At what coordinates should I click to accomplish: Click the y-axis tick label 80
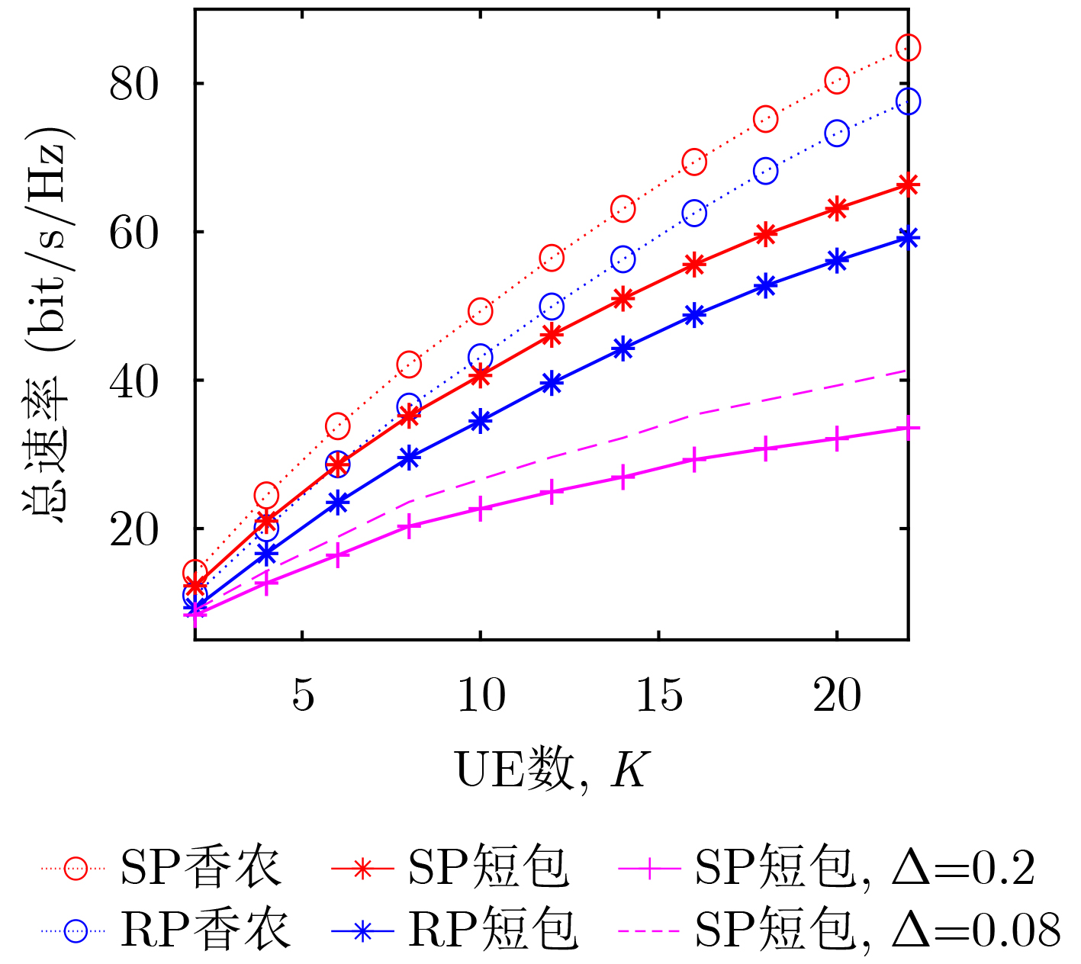pyautogui.click(x=134, y=84)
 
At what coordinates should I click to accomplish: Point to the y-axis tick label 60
pyautogui.click(x=134, y=233)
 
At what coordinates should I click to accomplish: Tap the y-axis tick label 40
pyautogui.click(x=134, y=381)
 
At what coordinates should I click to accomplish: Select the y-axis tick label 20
pyautogui.click(x=134, y=529)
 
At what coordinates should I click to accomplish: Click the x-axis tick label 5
pyautogui.click(x=303, y=695)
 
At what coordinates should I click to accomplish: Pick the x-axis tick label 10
pyautogui.click(x=481, y=695)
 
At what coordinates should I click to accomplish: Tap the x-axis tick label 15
pyautogui.click(x=658, y=695)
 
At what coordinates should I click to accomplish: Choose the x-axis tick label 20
pyautogui.click(x=837, y=695)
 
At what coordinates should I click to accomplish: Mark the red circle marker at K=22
pyautogui.click(x=908, y=47)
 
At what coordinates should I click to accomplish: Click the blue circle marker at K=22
pyautogui.click(x=908, y=101)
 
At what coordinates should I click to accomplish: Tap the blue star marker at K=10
pyautogui.click(x=480, y=421)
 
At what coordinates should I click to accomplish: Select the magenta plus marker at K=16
pyautogui.click(x=694, y=460)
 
